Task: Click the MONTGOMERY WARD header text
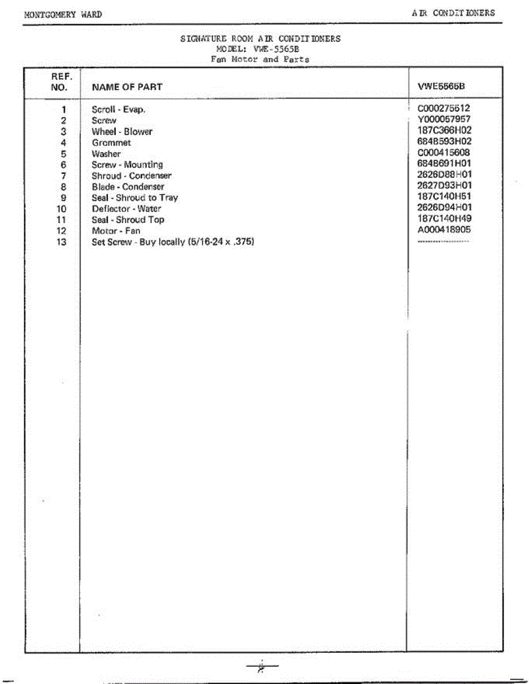(63, 15)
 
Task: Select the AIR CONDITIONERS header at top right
(454, 13)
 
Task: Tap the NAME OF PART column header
(127, 87)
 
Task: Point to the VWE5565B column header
(442, 87)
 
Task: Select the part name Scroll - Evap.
(119, 109)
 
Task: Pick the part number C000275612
(444, 108)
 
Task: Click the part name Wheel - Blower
(122, 132)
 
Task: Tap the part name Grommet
(111, 142)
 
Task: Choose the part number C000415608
(444, 152)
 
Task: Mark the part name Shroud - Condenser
(131, 176)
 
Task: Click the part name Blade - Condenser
(128, 187)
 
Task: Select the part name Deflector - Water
(126, 209)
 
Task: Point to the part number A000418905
(444, 230)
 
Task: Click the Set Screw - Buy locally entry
(173, 242)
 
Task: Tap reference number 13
(62, 242)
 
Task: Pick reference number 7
(63, 176)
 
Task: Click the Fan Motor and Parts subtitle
(260, 59)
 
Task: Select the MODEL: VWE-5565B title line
(260, 49)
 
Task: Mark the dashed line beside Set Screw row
(443, 242)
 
